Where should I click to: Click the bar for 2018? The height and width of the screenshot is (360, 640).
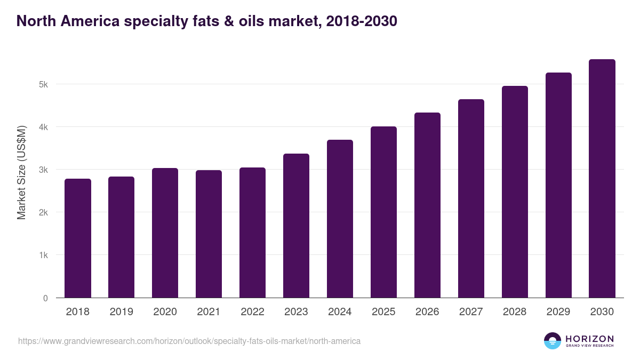coord(78,238)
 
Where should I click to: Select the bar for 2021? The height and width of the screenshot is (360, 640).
coord(209,234)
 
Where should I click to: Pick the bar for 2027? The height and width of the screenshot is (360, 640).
coord(471,198)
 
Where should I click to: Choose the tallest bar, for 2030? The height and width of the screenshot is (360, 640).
coord(602,179)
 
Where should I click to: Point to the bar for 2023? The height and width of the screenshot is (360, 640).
coord(297,226)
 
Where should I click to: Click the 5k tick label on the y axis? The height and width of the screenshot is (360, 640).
coord(43,84)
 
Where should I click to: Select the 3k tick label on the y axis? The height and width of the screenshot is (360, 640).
coord(43,170)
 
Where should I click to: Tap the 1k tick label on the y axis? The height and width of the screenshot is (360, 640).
coord(43,255)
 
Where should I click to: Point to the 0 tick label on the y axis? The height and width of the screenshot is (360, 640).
coord(46,298)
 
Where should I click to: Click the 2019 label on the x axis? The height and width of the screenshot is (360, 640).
coord(122,312)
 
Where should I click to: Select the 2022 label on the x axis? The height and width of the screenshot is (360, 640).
coord(253,312)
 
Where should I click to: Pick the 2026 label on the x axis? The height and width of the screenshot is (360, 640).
coord(427,312)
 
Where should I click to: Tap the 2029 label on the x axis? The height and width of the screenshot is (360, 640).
coord(558,312)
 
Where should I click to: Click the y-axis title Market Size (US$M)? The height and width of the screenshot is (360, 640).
coord(21,172)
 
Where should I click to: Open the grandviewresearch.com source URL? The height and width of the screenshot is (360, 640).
coord(189,341)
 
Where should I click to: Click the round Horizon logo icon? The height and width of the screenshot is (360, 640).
coord(553,341)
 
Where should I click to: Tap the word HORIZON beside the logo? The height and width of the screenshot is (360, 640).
coord(589,339)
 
